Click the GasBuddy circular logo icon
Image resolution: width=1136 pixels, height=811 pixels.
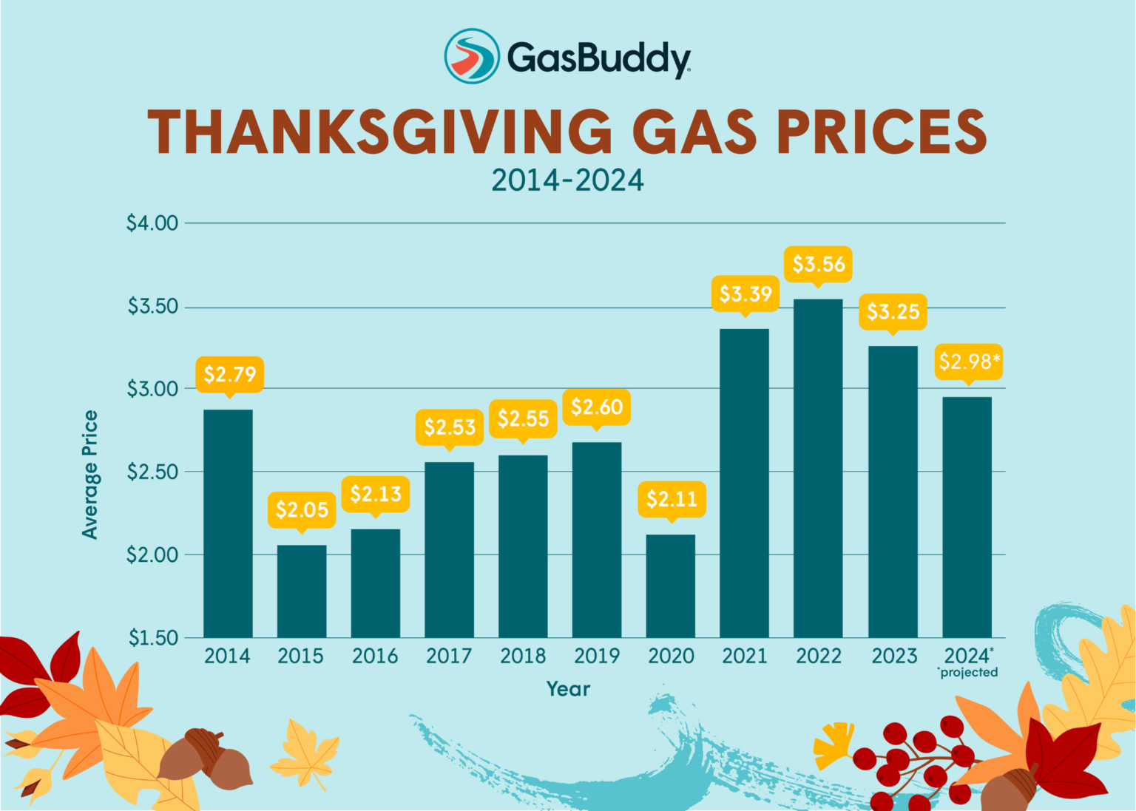pos(472,56)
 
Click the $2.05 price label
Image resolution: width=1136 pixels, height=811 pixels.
pos(302,509)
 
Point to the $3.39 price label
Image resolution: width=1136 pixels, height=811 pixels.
pos(745,293)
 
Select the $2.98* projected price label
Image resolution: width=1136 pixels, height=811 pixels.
pos(969,362)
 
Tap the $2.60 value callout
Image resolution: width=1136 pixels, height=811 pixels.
pos(597,407)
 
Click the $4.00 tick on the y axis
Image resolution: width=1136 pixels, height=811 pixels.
pos(152,223)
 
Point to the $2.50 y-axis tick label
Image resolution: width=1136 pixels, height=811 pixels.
pos(152,472)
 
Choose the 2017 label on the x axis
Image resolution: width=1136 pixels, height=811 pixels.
pos(449,656)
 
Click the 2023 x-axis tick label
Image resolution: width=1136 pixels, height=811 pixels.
pos(893,656)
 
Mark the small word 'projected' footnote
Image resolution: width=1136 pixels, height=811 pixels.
pos(968,672)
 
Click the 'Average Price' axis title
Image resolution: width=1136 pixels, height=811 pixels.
pos(89,475)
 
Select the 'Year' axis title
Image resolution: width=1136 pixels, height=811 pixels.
pos(568,689)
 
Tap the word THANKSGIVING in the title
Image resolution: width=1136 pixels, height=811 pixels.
pos(379,132)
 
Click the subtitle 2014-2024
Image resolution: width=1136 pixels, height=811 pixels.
pos(568,180)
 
